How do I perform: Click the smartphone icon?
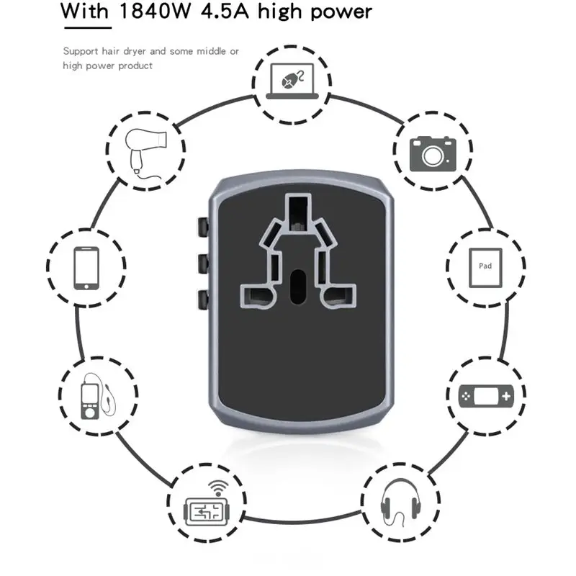[86, 267]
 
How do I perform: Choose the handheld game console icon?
[486, 395]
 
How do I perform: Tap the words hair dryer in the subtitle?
[125, 52]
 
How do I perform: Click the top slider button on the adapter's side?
[203, 228]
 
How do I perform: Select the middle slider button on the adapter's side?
[203, 263]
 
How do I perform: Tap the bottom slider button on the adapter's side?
[203, 299]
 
